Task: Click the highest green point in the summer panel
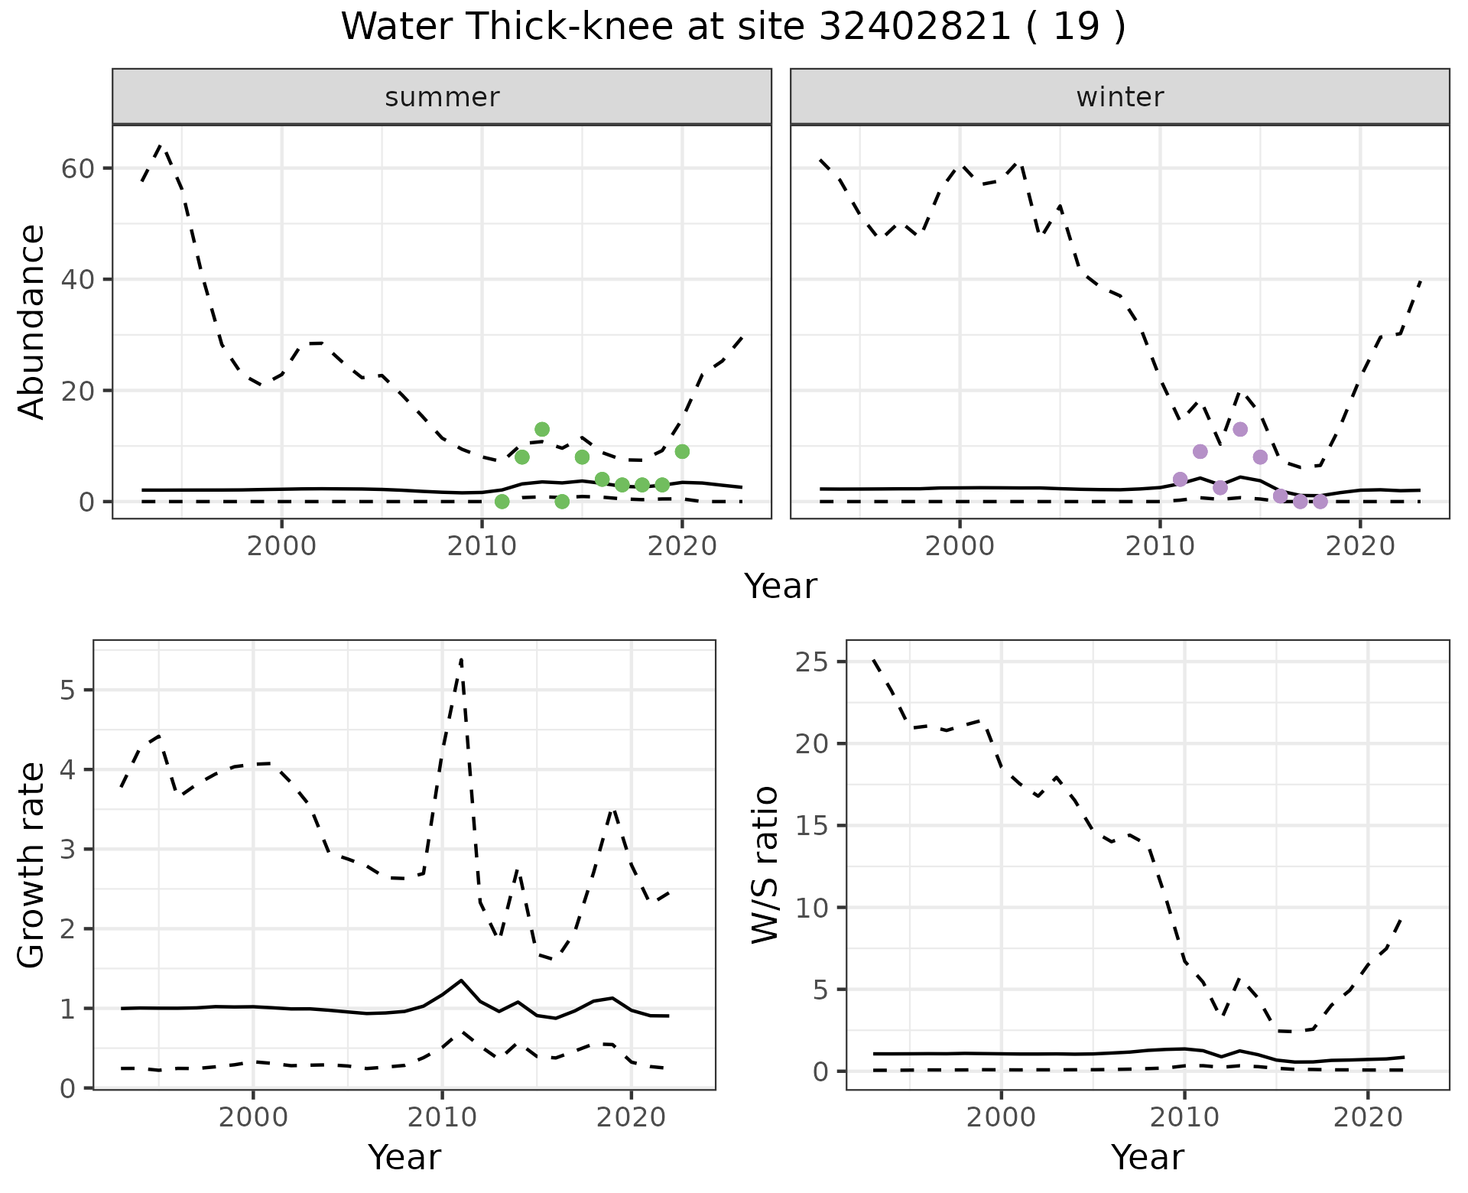pyautogui.click(x=542, y=429)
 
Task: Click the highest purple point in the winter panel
pyautogui.click(x=1240, y=429)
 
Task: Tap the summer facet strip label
pyautogui.click(x=442, y=97)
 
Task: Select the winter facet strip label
pyautogui.click(x=1120, y=97)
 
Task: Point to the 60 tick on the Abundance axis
pyautogui.click(x=76, y=168)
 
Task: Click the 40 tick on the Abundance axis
pyautogui.click(x=76, y=280)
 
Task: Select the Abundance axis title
pyautogui.click(x=32, y=321)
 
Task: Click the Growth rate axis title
pyautogui.click(x=32, y=864)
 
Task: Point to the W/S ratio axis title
pyautogui.click(x=765, y=864)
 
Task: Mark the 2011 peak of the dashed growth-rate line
pyautogui.click(x=461, y=659)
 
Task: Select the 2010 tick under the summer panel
pyautogui.click(x=482, y=546)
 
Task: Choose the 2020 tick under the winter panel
pyautogui.click(x=1359, y=546)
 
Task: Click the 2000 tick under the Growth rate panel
pyautogui.click(x=253, y=1117)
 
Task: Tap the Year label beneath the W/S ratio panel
pyautogui.click(x=1147, y=1157)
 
